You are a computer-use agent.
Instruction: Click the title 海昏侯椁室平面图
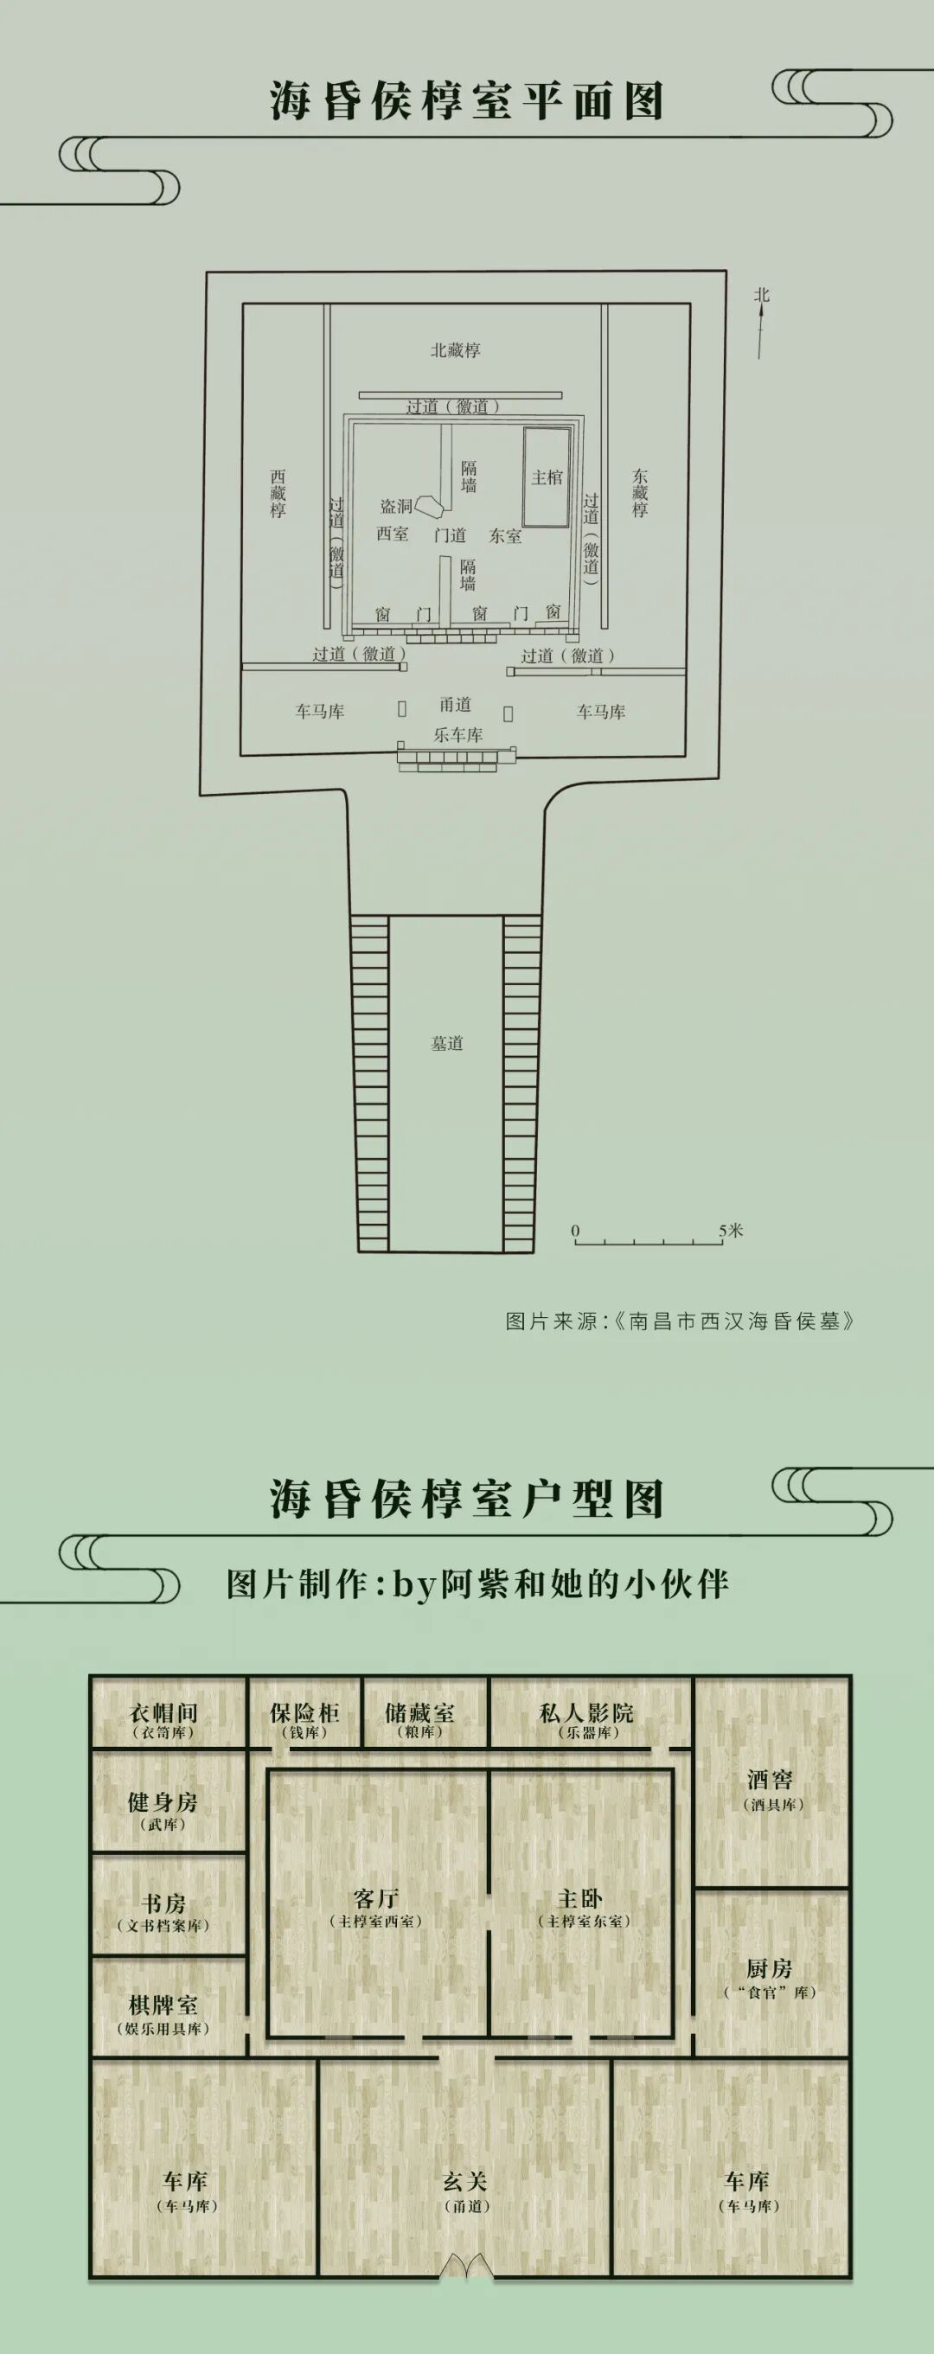pyautogui.click(x=466, y=101)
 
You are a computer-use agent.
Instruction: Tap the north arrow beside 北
pyautogui.click(x=760, y=329)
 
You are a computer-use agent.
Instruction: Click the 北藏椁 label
pyautogui.click(x=455, y=350)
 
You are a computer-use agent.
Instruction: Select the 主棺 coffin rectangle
pyautogui.click(x=547, y=477)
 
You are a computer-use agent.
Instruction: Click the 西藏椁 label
pyautogui.click(x=278, y=494)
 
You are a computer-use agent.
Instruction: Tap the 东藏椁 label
pyautogui.click(x=640, y=494)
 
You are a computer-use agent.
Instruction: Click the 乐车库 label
pyautogui.click(x=457, y=735)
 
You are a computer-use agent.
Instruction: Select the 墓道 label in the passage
pyautogui.click(x=447, y=1043)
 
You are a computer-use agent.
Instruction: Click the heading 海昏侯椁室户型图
pyautogui.click(x=466, y=1500)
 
